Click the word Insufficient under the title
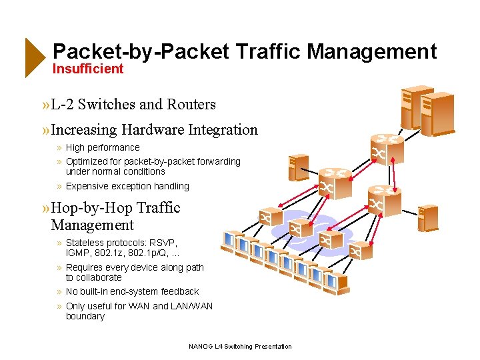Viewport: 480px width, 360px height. coord(88,69)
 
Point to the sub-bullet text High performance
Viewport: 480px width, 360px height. coord(103,147)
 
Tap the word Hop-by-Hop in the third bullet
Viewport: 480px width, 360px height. coord(89,208)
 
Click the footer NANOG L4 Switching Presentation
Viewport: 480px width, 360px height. coord(240,347)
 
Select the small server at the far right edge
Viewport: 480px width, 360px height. coord(428,217)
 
